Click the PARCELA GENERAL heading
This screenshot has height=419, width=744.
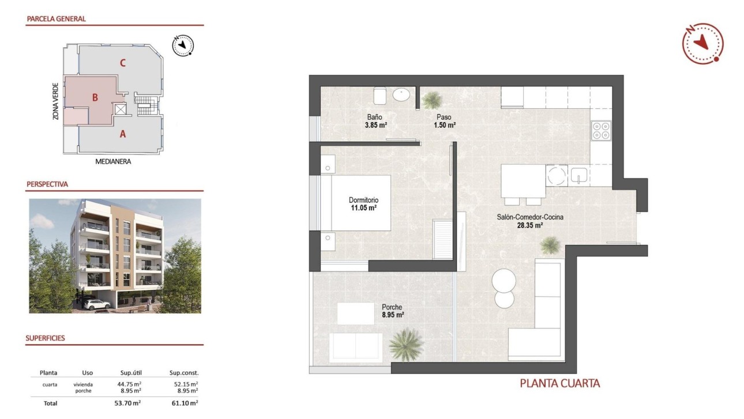[56, 18]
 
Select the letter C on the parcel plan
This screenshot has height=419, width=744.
[123, 63]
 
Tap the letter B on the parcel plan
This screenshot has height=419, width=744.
[95, 98]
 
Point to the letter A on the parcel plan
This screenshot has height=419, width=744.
[122, 134]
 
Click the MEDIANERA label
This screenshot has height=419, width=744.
[113, 162]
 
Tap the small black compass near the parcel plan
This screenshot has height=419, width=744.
[183, 45]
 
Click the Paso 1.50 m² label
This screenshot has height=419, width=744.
[445, 121]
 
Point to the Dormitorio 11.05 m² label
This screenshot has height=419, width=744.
[363, 204]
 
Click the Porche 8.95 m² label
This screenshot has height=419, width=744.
[392, 311]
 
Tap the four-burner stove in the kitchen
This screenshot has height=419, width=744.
[601, 131]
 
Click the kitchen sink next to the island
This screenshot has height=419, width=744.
[578, 175]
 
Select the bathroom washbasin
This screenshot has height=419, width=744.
[401, 95]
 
